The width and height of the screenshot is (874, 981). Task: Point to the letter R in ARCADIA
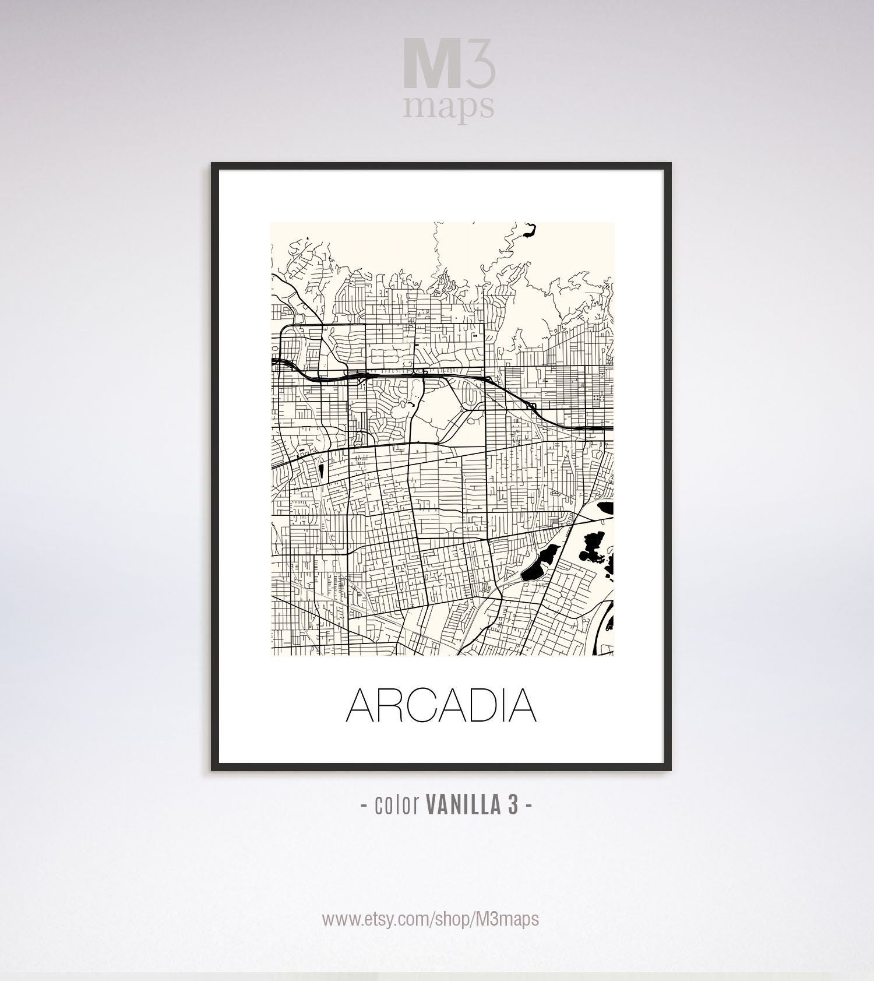click(394, 705)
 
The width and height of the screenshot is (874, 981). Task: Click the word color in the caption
click(397, 806)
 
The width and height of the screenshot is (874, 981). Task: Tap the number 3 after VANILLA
click(512, 806)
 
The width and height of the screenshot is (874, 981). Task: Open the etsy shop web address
click(431, 919)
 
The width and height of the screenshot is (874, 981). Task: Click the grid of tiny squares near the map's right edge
click(599, 397)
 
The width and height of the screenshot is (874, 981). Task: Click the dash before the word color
click(364, 806)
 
